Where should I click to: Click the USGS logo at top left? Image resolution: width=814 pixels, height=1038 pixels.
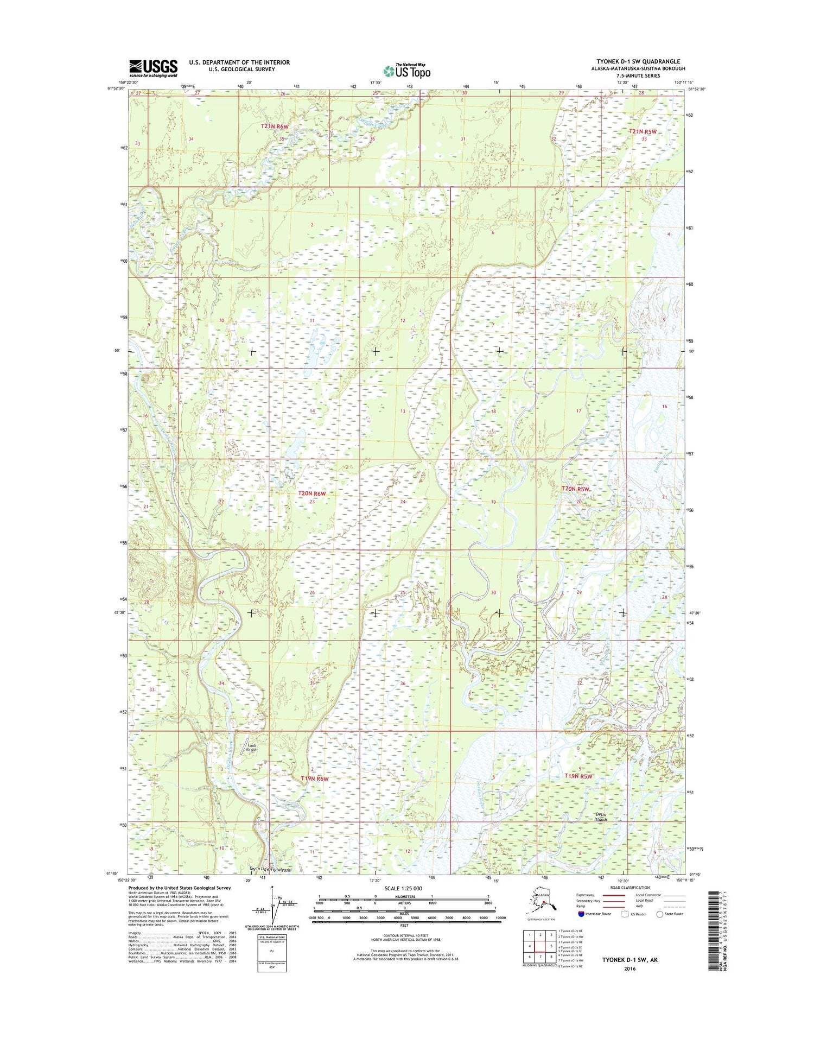[x=153, y=67]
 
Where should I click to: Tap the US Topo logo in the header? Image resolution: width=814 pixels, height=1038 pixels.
[x=406, y=71]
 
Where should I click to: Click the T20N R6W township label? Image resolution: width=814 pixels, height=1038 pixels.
[x=312, y=493]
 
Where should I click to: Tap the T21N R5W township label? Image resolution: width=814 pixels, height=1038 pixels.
[x=643, y=131]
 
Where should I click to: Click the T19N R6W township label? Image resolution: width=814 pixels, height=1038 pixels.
[x=315, y=778]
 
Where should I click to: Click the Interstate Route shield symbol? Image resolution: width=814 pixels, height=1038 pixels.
[x=581, y=914]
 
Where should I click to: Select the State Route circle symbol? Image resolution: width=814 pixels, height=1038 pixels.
[x=659, y=914]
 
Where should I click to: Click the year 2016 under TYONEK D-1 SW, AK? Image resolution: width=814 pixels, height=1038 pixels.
[x=629, y=969]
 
